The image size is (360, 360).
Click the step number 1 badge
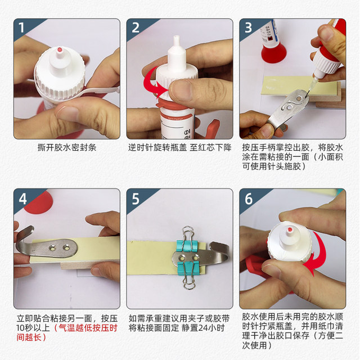(x=21, y=28)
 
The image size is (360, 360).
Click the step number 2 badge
(x=135, y=28)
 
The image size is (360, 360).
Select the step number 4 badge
(x=21, y=199)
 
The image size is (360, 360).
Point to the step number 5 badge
(x=135, y=199)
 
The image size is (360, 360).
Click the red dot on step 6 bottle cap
(x=288, y=232)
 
